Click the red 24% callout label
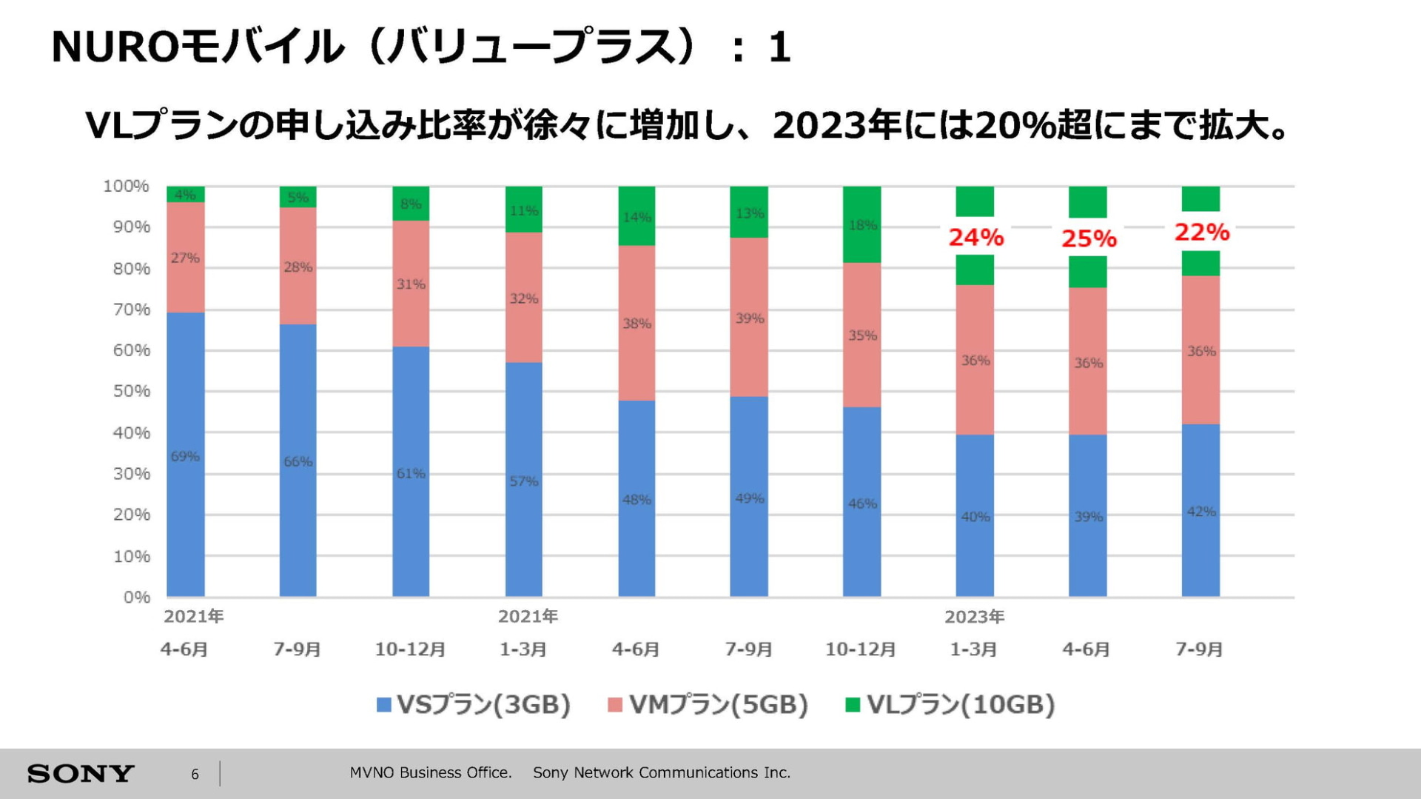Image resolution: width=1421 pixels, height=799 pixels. point(975,237)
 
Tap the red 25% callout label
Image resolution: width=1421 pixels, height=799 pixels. point(1089,238)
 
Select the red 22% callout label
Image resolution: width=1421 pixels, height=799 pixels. point(1201,233)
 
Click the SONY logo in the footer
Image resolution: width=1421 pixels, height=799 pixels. point(81,774)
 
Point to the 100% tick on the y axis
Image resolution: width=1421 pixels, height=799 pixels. point(126,186)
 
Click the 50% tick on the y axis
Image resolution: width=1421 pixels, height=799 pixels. point(131,391)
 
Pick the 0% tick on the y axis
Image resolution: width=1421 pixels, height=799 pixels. point(137,597)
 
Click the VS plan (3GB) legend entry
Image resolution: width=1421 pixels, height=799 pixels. point(474,704)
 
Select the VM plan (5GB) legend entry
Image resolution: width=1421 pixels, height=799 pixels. point(708,704)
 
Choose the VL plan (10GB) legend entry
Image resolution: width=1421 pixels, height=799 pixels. point(950,704)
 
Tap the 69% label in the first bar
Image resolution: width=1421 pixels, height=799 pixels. point(185,456)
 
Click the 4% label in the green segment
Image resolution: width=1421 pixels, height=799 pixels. point(185,195)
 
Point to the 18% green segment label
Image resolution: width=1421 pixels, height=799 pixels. point(862,225)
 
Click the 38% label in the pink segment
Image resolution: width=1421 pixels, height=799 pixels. point(636,324)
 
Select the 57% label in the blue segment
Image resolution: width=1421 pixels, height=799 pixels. point(523,481)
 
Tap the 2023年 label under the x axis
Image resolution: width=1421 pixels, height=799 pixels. point(974,617)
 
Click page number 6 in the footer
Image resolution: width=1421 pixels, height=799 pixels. point(195,774)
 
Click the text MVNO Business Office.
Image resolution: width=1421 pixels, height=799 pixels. point(430,772)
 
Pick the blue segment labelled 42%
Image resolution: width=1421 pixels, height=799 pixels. point(1200,511)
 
